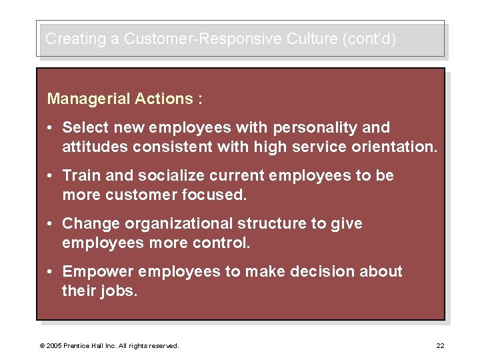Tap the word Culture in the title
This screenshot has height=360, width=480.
point(313,39)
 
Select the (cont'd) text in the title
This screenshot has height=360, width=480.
point(369,39)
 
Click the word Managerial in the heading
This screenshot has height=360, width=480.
point(88,99)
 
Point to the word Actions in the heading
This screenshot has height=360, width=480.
point(164,99)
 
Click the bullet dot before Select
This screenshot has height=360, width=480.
point(51,128)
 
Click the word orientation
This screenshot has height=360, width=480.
point(397,146)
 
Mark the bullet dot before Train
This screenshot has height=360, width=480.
point(51,176)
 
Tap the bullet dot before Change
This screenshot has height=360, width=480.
point(51,224)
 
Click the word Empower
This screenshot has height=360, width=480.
point(93,271)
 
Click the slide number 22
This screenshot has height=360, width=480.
point(440,345)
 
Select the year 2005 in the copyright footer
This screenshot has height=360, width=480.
point(53,345)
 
